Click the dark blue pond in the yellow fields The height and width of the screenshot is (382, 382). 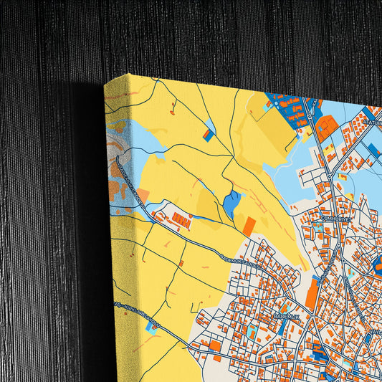pos(232,204)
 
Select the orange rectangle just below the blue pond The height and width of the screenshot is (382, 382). pos(249,226)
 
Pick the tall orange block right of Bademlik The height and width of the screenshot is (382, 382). pos(312,294)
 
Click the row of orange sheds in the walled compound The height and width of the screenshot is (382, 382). pos(182,221)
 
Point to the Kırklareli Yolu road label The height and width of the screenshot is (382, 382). pos(136,316)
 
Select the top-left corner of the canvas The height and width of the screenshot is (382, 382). pos(105,82)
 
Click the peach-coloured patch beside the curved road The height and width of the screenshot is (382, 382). pos(143,195)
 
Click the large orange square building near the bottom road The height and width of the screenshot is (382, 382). pos(215,346)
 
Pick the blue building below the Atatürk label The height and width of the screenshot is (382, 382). pos(373,150)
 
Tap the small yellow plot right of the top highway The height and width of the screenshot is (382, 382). pos(330,151)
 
